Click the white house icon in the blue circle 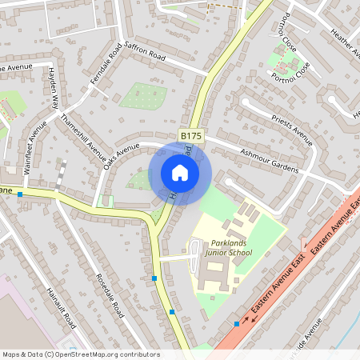[180, 173]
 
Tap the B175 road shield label [190, 137]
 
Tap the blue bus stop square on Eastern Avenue [237, 323]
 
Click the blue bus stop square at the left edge [20, 194]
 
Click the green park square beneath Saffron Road [144, 97]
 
